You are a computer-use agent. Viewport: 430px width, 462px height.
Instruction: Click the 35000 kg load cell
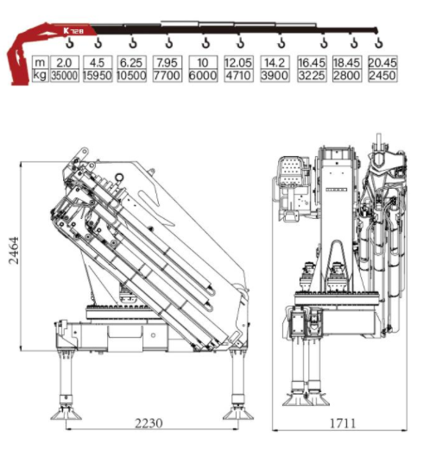(x=65, y=76)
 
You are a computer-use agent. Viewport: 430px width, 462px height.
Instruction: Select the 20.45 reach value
(x=383, y=62)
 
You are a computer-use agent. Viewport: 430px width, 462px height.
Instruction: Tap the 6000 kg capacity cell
(x=203, y=76)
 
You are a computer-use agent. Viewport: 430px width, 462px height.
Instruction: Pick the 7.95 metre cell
(x=167, y=62)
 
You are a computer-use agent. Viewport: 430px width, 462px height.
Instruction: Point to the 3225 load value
(x=312, y=76)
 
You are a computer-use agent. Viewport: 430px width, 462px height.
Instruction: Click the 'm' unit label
(x=40, y=62)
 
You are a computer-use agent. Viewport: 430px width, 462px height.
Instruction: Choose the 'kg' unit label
(x=40, y=75)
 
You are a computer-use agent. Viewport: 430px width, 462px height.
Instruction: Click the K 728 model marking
(x=73, y=31)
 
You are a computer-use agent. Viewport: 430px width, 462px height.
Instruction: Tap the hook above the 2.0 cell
(x=70, y=43)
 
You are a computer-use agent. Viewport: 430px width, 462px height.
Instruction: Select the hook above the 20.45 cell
(x=379, y=43)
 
